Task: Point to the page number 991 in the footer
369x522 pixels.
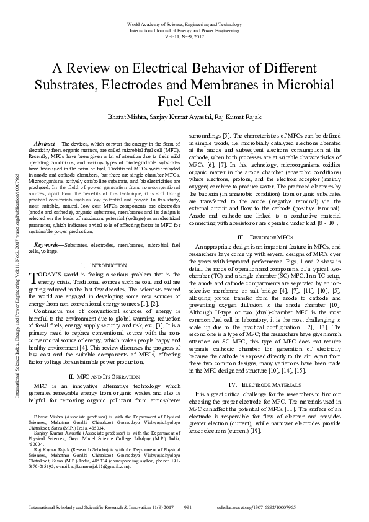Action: (x=190, y=506)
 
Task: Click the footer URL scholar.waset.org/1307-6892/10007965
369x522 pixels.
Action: (x=294, y=506)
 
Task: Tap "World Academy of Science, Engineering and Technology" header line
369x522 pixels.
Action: (x=184, y=22)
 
